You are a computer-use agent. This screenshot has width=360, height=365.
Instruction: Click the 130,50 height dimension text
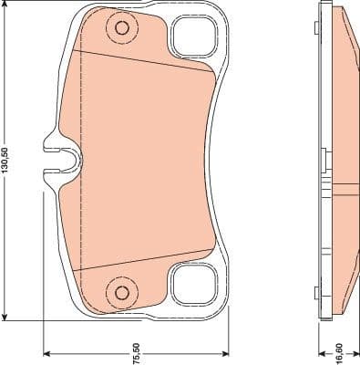7,162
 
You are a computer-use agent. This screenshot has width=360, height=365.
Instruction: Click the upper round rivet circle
119,28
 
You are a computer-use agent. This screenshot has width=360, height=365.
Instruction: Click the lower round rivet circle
119,292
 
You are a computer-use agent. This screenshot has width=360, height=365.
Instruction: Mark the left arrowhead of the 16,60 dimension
321,353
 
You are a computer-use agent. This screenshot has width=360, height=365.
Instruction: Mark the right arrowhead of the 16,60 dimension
355,353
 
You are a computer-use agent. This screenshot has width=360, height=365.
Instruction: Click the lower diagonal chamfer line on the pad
146,261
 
